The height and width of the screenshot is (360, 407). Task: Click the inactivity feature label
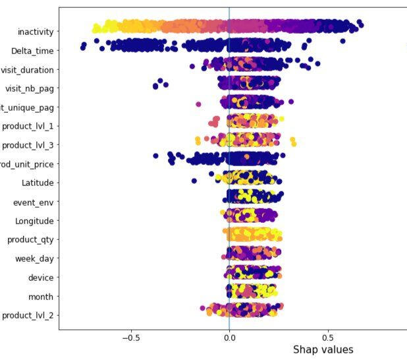[x=37, y=32]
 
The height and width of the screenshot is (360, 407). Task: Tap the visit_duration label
[x=28, y=70]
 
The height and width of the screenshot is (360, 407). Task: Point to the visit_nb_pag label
[x=30, y=88]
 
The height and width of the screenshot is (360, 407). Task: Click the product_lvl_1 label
[x=28, y=127]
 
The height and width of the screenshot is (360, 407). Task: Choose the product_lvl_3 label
[x=28, y=146]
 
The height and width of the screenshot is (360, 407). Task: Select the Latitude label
[x=38, y=183]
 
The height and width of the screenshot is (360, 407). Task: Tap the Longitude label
[x=35, y=221]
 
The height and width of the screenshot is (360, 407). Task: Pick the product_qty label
[x=30, y=239]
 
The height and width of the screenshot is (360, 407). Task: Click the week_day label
[x=34, y=258]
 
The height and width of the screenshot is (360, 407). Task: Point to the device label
[x=41, y=278]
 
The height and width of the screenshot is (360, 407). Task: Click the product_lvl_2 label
[x=28, y=315]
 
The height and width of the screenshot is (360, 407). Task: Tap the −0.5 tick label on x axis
[x=131, y=336]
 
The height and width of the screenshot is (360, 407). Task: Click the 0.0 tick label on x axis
[x=229, y=336]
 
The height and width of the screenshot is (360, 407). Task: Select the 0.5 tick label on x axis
[x=329, y=336]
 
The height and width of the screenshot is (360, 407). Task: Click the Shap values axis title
[x=323, y=350]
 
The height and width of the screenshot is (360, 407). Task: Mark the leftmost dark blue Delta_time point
[x=83, y=46]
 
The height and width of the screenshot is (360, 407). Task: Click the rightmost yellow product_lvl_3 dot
[x=293, y=143]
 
